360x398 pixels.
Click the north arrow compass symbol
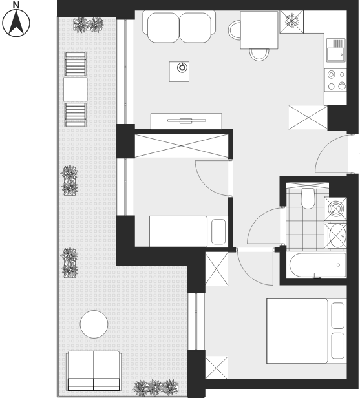(x=16, y=23)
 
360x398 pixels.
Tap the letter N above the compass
(x=16, y=5)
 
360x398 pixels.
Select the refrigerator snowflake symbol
(x=291, y=21)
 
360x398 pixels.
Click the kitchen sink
(x=335, y=50)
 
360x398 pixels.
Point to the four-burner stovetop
(x=335, y=80)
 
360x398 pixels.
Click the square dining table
(x=259, y=30)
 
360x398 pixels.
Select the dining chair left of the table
(x=235, y=30)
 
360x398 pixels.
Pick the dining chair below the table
(x=259, y=54)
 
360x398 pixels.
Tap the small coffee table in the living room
(x=179, y=72)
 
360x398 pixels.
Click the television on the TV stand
(x=187, y=120)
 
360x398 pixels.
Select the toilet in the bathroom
(x=308, y=198)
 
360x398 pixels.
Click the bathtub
(x=318, y=266)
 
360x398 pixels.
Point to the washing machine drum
(x=335, y=209)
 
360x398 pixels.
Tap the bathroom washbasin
(x=337, y=236)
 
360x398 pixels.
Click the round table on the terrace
(x=94, y=324)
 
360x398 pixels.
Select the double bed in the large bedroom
(x=306, y=331)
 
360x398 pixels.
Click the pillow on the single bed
(x=218, y=231)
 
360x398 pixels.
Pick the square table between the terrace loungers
(x=76, y=89)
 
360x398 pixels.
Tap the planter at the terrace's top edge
(x=89, y=25)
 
